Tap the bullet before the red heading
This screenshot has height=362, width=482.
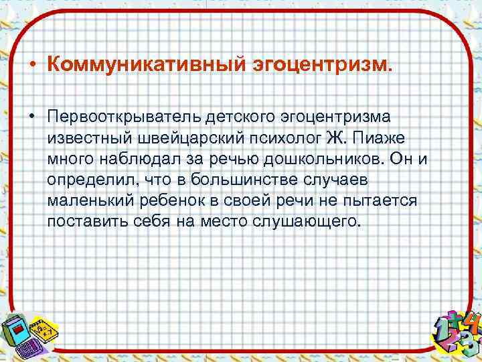31,66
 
